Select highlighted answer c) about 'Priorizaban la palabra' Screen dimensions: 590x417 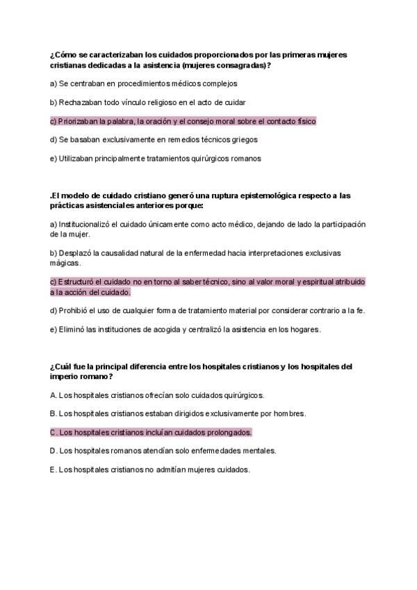[183, 121]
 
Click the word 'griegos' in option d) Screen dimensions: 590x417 [243, 140]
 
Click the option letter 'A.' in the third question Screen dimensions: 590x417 [54, 395]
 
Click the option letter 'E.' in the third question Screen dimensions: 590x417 [54, 470]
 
